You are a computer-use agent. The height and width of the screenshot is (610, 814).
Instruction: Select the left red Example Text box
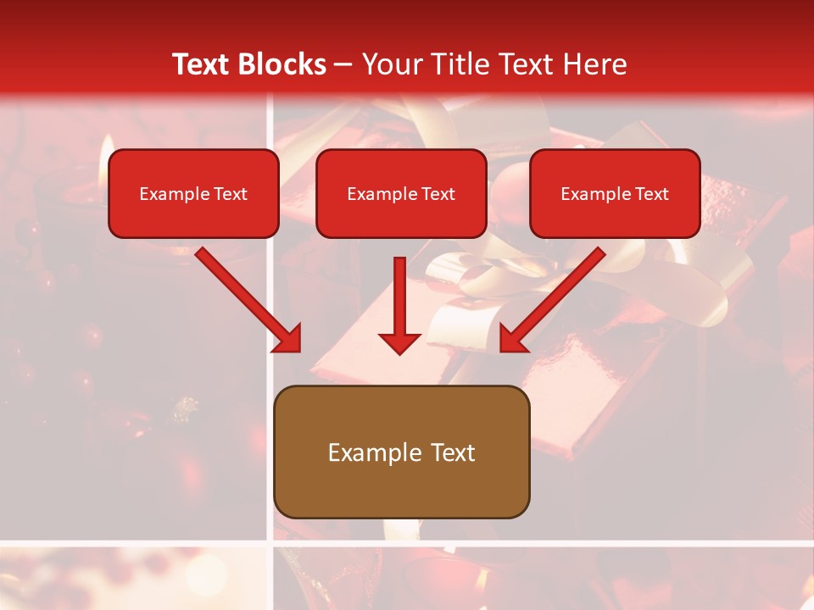193,193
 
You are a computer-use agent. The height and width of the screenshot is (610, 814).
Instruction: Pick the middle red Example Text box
401,193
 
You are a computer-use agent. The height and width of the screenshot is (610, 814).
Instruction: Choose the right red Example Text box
615,193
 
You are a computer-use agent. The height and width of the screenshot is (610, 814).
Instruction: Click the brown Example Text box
401,452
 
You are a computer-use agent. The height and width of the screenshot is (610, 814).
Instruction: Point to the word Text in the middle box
438,194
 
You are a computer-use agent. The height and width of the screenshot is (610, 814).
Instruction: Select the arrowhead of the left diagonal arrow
288,339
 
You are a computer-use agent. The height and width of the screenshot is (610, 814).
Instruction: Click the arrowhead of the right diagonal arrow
512,339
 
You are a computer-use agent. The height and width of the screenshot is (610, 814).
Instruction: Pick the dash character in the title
343,65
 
